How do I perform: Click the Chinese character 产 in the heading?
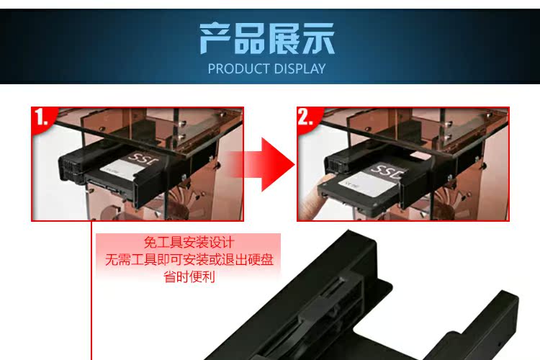pos(215,38)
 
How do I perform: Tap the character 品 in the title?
pos(250,38)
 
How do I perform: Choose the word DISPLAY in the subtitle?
pos(300,69)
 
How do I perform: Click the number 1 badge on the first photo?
pos(42,117)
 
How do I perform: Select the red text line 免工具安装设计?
pos(189,243)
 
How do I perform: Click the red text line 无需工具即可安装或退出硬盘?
pos(189,259)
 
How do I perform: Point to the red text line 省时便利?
pos(189,276)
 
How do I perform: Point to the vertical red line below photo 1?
pos(91,290)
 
